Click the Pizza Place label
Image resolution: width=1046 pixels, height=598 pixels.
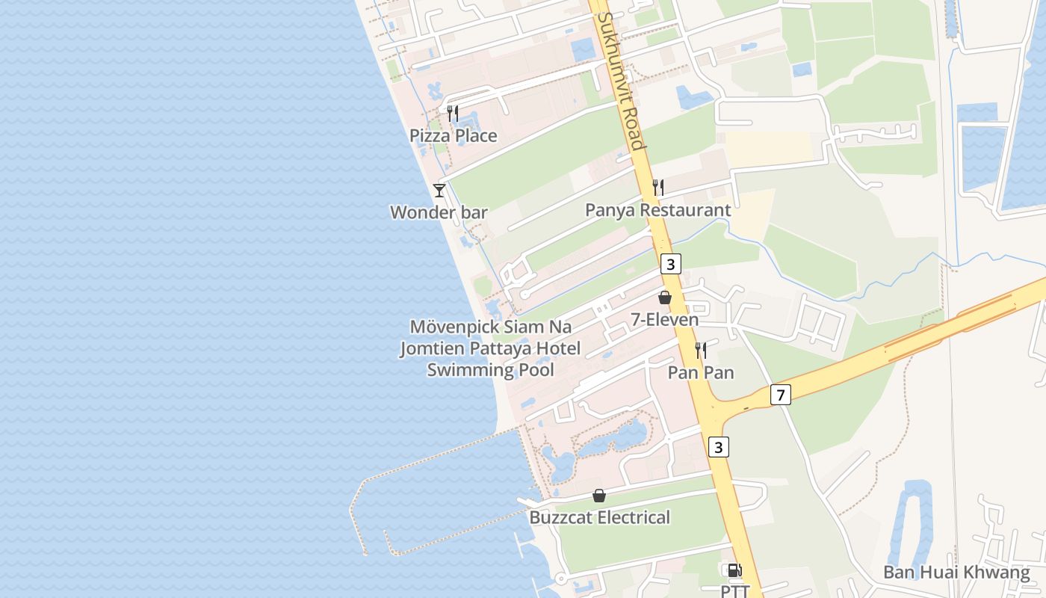pos(453,135)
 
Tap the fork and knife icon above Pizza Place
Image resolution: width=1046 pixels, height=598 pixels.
pos(453,114)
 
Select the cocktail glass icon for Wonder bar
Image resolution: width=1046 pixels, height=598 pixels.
pos(439,191)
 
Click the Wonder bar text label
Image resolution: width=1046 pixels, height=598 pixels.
pos(439,212)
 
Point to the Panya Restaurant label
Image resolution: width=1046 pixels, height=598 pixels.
pos(657,210)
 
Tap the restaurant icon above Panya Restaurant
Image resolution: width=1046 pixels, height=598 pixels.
pos(658,188)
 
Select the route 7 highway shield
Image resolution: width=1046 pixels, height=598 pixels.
pos(780,395)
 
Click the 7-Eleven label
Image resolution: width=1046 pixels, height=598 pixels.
pos(664,320)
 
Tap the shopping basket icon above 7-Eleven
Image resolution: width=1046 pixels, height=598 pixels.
pos(664,298)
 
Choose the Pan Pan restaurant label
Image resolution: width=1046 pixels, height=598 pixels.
pos(700,372)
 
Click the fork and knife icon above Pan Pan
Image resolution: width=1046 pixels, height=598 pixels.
pos(701,350)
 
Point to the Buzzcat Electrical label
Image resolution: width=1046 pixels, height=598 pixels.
pos(599,517)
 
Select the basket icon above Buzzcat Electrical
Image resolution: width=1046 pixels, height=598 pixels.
pos(599,496)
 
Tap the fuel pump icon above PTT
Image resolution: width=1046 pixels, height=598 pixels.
pos(734,571)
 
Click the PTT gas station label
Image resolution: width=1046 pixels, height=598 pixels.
pos(734,591)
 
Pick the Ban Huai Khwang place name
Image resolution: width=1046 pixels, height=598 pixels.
pos(956,573)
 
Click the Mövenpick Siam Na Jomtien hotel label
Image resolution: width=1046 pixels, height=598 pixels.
pos(490,348)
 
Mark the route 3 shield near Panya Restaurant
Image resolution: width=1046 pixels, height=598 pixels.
pos(671,264)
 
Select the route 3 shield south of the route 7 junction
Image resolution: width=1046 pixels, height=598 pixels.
pos(718,447)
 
